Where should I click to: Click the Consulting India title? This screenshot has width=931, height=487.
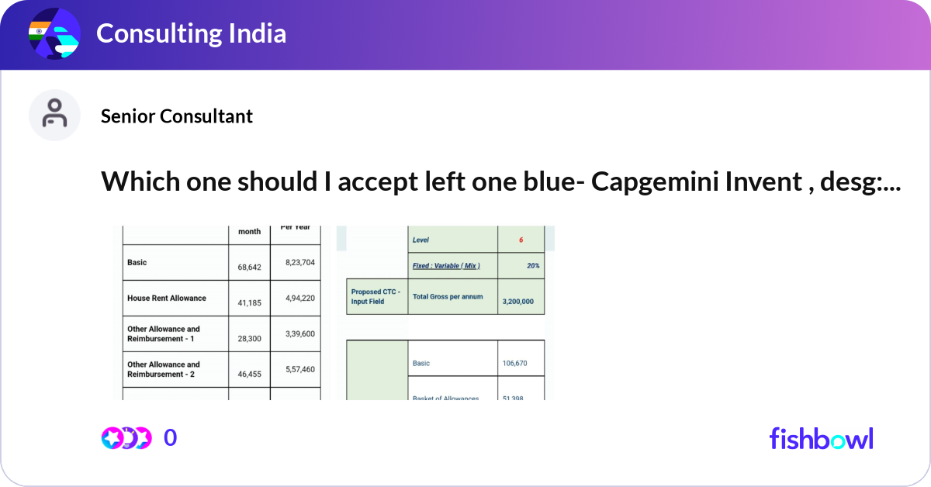[191, 33]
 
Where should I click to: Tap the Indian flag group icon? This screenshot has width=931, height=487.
[54, 34]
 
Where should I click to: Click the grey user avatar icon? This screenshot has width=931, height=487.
[54, 115]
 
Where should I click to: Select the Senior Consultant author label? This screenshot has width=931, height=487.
[177, 116]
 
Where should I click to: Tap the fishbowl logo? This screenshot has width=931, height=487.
[821, 438]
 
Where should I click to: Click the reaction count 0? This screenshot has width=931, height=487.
[171, 438]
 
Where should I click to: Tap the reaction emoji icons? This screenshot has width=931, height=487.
[126, 438]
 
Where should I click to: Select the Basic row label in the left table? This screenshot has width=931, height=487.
[137, 263]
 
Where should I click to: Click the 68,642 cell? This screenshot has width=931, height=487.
[249, 267]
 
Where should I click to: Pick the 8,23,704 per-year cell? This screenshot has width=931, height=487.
[299, 263]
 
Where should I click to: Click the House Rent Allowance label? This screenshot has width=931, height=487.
[167, 298]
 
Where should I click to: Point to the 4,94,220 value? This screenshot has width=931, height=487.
[299, 298]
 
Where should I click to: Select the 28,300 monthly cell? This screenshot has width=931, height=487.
[249, 338]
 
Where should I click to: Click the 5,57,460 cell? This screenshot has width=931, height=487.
[299, 369]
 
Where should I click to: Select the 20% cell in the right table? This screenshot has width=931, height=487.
[532, 265]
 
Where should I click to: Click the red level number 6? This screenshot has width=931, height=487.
[521, 240]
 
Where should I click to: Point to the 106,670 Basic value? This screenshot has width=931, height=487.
[519, 363]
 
